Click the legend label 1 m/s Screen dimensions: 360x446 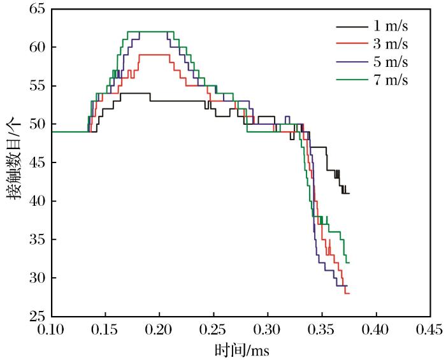click(x=389, y=27)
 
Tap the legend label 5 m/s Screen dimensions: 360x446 click(x=389, y=62)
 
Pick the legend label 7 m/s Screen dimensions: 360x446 click(x=389, y=80)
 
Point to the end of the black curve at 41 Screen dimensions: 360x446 click(x=349, y=193)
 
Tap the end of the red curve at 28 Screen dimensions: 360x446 click(x=349, y=293)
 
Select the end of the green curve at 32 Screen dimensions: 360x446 click(x=349, y=263)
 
